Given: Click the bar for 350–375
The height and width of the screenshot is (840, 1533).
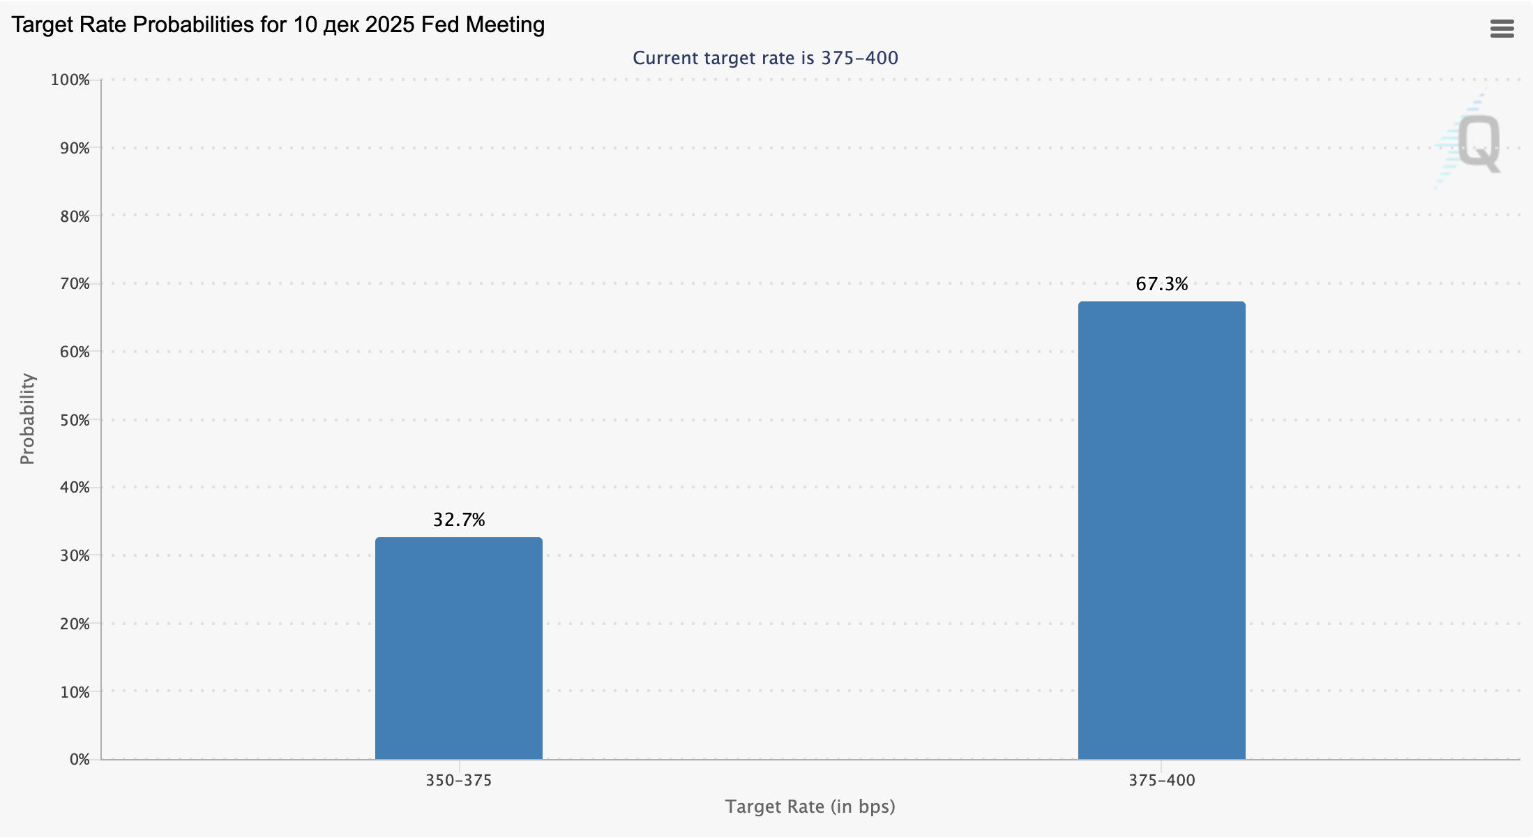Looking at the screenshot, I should (458, 648).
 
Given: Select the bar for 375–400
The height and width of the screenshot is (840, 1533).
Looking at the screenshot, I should (1161, 530).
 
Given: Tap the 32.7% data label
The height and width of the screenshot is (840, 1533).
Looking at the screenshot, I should (458, 520).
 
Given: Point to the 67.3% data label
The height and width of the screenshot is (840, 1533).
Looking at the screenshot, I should (1161, 284).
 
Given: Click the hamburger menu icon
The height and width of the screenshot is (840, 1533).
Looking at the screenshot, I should (1502, 29).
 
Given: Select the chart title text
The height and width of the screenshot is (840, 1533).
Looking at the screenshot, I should (278, 25).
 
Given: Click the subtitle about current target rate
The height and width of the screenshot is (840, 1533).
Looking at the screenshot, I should (765, 58).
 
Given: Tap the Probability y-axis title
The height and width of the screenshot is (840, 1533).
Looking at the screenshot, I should (27, 419).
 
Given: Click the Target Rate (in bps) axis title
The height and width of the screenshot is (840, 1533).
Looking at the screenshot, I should (810, 807).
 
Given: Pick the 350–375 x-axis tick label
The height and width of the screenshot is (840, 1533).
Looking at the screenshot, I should (458, 781).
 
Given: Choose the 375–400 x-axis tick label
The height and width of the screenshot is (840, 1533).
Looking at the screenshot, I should (1161, 781).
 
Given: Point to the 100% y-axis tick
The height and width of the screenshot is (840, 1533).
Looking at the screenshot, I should (70, 80).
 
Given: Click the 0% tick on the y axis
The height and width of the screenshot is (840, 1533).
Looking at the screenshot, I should (80, 760).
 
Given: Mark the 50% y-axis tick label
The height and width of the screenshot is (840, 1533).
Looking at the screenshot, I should (75, 420).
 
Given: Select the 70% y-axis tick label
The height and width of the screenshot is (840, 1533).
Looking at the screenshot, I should (75, 284).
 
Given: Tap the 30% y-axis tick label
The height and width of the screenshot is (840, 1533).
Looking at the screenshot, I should (75, 556).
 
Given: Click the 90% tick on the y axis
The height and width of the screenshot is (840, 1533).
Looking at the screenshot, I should (75, 148).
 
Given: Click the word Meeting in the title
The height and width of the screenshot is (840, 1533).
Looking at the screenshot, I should (505, 25).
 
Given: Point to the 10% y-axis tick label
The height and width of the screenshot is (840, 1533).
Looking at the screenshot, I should (75, 692).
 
